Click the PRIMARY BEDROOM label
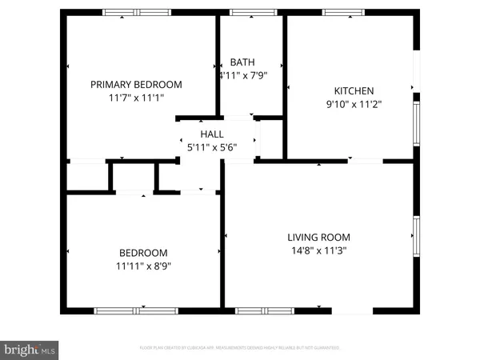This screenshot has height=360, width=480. [136, 84]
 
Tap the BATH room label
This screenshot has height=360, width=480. [242, 62]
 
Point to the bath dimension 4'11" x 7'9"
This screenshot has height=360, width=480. [242, 75]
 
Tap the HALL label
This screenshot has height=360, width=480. [212, 134]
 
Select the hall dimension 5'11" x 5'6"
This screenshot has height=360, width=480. [212, 147]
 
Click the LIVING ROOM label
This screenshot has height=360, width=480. [319, 237]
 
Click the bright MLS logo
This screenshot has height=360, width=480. [30, 350]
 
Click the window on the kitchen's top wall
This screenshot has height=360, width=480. [344, 12]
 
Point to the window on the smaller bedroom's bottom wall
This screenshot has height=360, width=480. [136, 310]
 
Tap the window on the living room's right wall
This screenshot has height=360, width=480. [415, 237]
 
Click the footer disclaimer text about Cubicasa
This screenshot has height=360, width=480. [240, 348]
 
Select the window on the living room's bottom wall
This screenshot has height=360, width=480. [264, 310]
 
